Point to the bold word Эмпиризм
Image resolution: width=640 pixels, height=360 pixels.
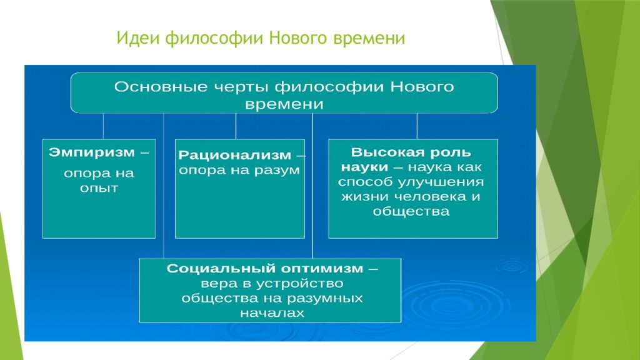pos(91,152)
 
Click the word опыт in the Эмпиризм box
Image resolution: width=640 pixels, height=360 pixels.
pos(99,189)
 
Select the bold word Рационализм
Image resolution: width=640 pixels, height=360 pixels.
pos(235,155)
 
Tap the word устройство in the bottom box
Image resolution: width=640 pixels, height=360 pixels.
pos(301,284)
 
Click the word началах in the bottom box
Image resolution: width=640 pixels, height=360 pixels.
pos(272,313)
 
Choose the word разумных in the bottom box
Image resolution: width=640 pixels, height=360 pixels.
pos(325,299)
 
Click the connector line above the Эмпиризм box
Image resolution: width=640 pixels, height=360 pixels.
pos(103,126)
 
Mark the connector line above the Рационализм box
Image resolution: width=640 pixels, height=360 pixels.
pos(236,126)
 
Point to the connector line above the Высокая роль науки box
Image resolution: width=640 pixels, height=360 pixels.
pos(417,126)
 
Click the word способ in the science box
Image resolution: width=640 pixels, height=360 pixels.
pos(365,182)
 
